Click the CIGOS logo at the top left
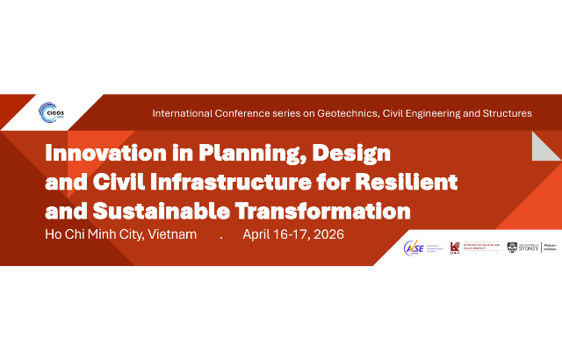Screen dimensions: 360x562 (51, 112)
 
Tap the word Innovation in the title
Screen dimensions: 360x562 (93, 155)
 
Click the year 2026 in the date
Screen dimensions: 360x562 (325, 235)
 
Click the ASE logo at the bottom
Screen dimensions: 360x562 (414, 248)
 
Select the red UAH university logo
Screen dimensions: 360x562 (455, 248)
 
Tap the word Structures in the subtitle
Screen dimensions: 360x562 (502, 113)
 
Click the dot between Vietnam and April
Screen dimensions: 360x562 (221, 237)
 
